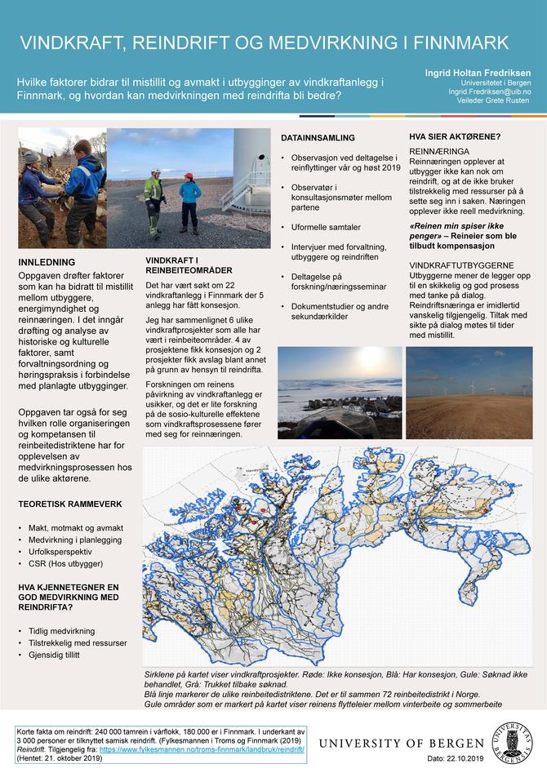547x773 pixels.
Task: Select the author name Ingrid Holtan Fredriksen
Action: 478,73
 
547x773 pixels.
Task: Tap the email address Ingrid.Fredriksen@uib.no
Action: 489,93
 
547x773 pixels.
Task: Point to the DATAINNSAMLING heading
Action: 318,138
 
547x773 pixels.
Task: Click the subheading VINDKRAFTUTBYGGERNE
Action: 461,266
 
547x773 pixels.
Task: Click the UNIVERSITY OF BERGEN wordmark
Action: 402,743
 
